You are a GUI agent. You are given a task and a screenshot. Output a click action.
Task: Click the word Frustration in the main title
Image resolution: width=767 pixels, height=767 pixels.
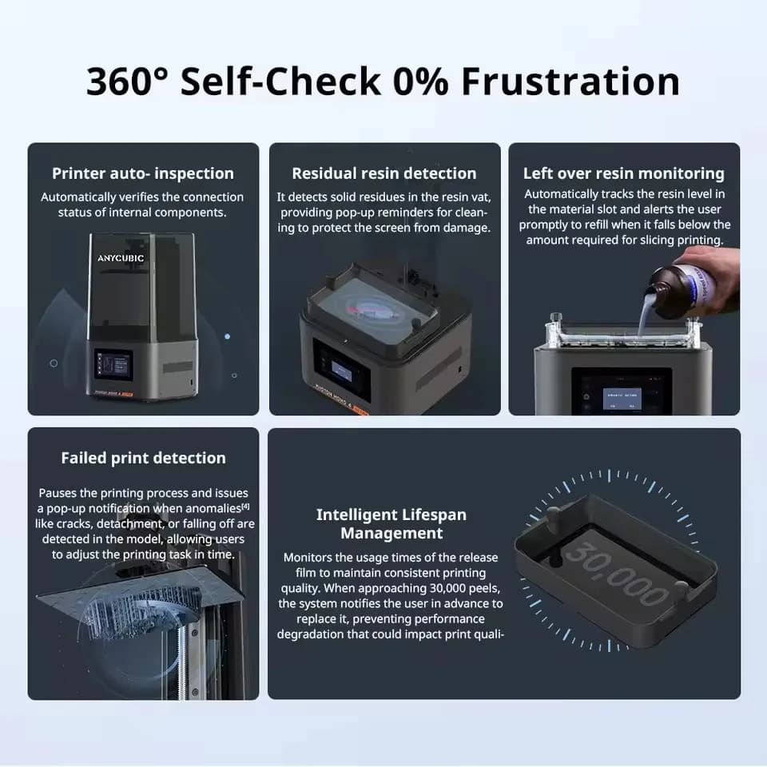click(570, 81)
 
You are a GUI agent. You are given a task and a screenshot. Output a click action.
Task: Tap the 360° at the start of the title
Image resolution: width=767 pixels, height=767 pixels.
click(127, 81)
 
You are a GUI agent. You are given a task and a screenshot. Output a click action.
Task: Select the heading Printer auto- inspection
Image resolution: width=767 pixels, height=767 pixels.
click(143, 173)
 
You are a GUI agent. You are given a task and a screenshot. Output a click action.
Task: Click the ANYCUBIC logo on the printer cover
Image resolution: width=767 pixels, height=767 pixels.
click(121, 258)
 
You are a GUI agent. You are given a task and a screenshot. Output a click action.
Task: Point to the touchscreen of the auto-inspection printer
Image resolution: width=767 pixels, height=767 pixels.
click(113, 364)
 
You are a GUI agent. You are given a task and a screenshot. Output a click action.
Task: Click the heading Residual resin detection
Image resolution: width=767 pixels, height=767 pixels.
click(384, 173)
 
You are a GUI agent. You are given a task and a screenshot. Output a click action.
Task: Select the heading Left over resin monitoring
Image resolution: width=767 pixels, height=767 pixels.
click(624, 173)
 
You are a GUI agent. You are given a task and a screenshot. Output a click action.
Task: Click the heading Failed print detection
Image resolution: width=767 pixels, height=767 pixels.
click(143, 458)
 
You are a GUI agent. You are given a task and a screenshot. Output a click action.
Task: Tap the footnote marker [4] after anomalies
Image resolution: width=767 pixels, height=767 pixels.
click(245, 507)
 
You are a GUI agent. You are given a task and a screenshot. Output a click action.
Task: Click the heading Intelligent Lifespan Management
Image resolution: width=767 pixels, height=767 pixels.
click(391, 524)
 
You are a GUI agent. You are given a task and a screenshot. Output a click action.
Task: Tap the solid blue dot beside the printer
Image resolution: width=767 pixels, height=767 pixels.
click(227, 336)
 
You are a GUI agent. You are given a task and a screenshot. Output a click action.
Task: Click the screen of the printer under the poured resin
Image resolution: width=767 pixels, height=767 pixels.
click(622, 392)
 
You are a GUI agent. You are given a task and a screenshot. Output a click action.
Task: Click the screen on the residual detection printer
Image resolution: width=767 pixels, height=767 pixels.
click(341, 371)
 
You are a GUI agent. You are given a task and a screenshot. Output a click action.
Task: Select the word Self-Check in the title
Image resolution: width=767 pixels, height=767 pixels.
click(280, 81)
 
